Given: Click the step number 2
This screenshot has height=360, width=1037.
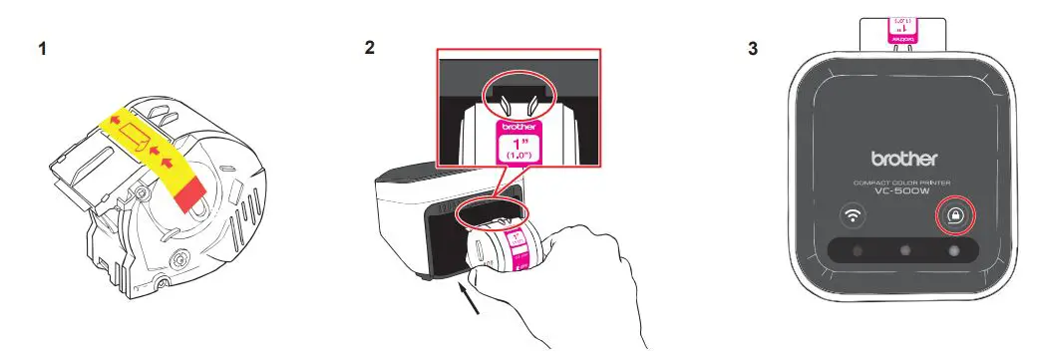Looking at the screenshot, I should (x=370, y=47).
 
